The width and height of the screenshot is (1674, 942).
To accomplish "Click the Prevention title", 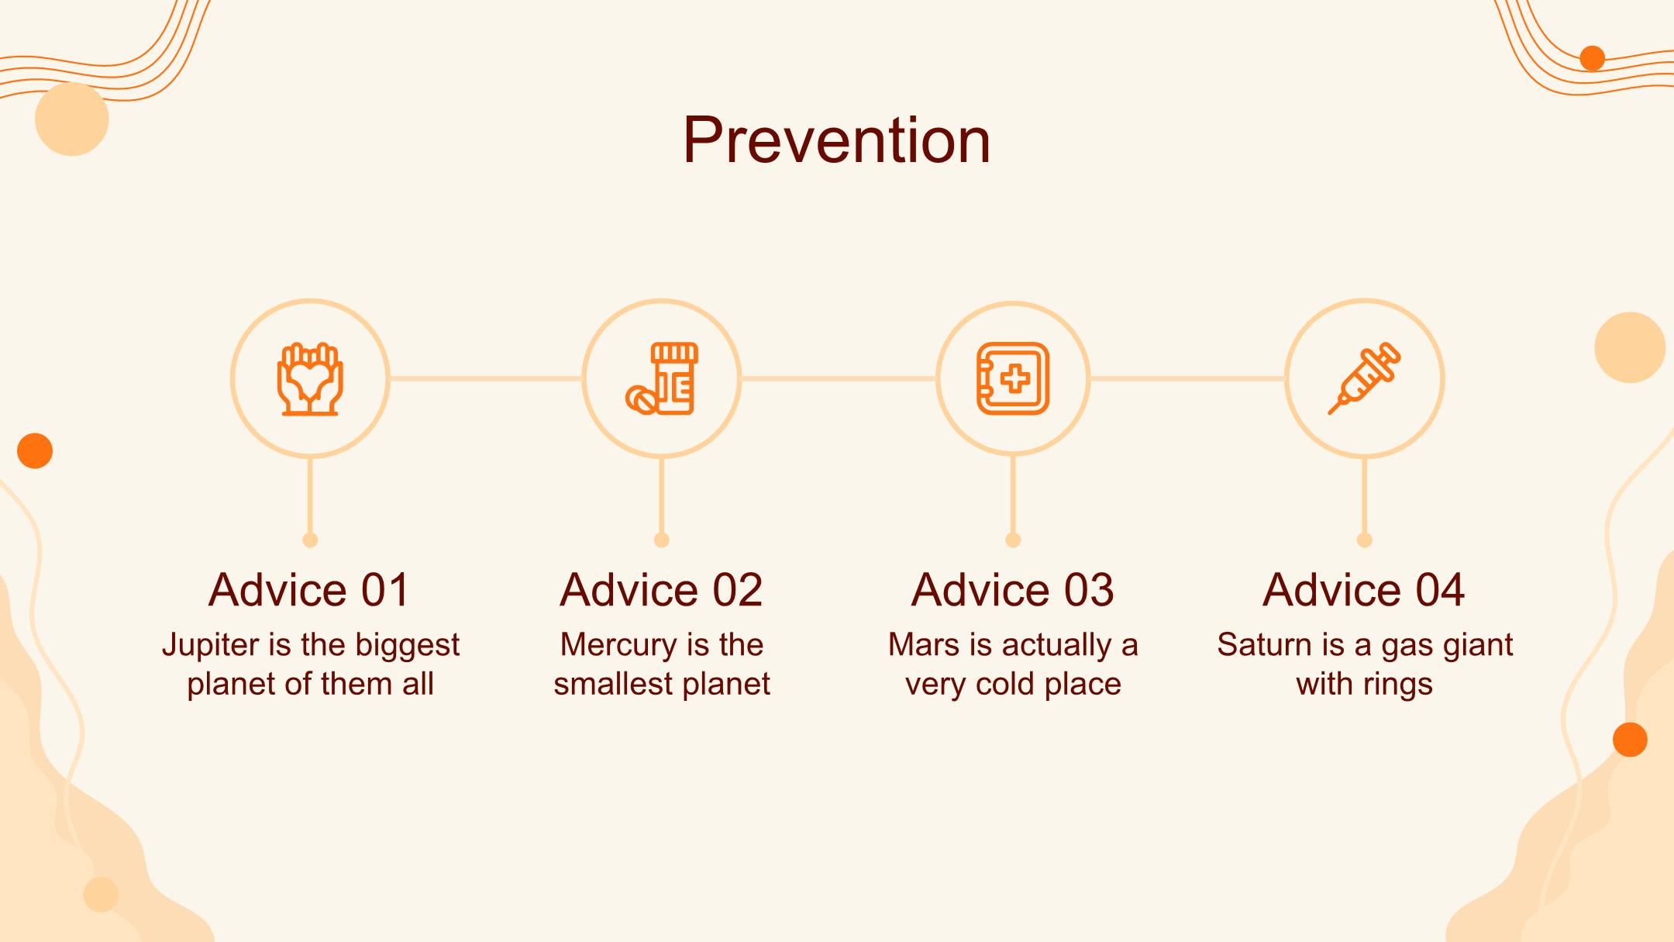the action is click(x=837, y=140).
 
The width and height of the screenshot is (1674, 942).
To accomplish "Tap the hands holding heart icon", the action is click(x=310, y=379).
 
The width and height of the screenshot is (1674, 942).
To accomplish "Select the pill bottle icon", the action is click(x=662, y=379).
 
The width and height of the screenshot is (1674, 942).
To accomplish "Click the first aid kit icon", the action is click(x=1013, y=378).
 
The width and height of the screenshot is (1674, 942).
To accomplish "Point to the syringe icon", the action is click(x=1364, y=378).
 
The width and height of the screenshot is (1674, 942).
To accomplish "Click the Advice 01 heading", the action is click(x=309, y=589).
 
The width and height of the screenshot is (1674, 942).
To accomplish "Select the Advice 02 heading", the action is click(x=661, y=589).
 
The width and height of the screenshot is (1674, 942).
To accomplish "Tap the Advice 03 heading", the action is click(x=1012, y=589).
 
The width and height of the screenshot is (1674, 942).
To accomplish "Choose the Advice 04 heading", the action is click(x=1364, y=589).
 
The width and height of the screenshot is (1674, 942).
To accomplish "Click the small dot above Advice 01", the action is click(x=310, y=540).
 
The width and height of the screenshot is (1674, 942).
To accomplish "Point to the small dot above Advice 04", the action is click(x=1365, y=540).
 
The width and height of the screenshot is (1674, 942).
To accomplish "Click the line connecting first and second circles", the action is click(x=486, y=378).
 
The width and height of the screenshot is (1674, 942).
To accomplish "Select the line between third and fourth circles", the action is click(x=1187, y=378).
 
